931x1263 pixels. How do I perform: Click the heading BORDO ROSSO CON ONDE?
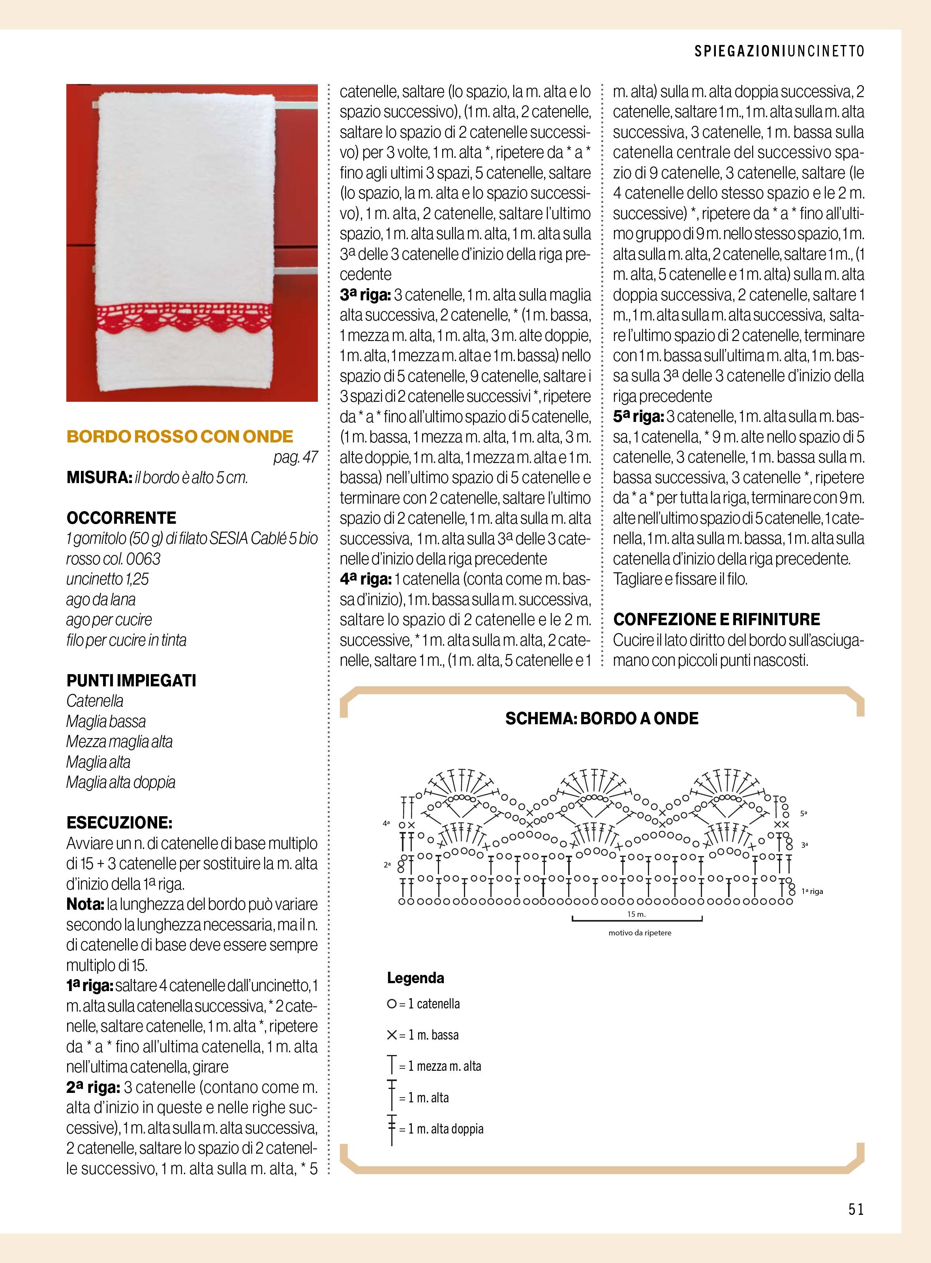180,437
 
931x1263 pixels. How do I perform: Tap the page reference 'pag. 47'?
296,457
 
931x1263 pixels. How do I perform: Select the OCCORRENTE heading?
121,518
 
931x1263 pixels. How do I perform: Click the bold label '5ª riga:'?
637,417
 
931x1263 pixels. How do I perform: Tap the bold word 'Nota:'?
84,904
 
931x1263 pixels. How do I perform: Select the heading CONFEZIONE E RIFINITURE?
716,620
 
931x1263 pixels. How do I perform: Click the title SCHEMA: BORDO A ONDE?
602,718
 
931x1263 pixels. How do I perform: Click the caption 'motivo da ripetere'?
640,933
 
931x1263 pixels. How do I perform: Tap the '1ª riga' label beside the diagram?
812,892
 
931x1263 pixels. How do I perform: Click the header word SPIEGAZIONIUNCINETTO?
779,52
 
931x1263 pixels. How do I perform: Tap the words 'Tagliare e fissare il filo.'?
680,579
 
